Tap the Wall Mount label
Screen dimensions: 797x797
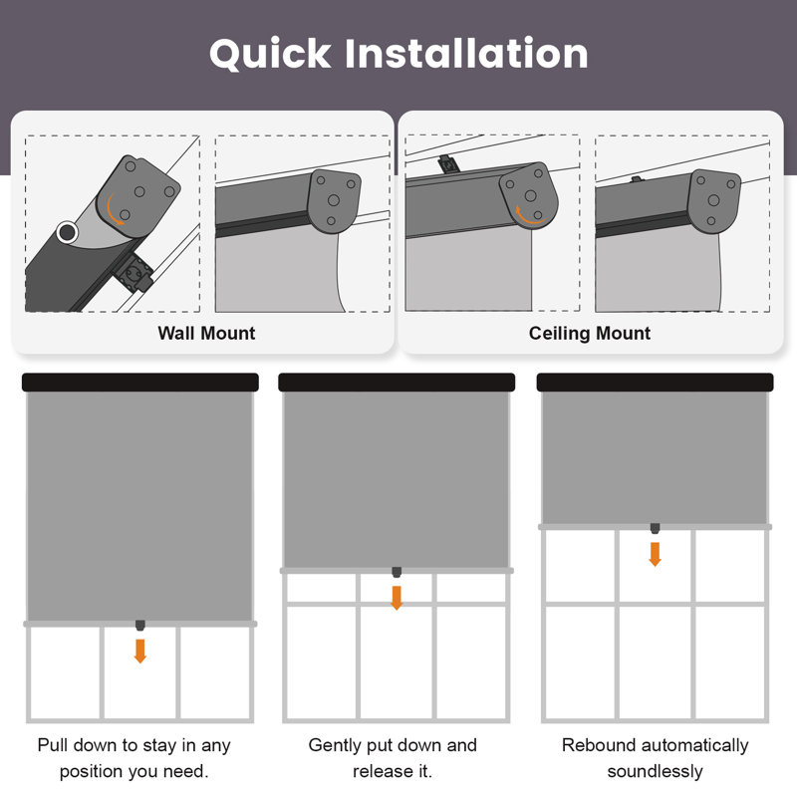(x=206, y=334)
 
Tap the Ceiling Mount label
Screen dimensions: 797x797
(x=590, y=334)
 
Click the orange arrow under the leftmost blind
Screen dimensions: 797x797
(x=139, y=651)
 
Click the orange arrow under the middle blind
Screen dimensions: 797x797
(x=397, y=598)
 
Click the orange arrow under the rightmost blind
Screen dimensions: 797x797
(x=655, y=554)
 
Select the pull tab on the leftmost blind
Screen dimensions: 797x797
(x=139, y=626)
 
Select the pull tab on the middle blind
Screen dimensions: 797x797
(x=397, y=572)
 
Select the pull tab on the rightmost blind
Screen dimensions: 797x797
(x=655, y=528)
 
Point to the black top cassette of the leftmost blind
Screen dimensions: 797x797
(x=139, y=383)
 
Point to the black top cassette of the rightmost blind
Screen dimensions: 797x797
(x=655, y=383)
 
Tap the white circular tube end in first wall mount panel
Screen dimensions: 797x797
(x=68, y=232)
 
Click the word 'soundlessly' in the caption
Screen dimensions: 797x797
(x=655, y=771)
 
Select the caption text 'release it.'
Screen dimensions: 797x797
(x=393, y=771)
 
